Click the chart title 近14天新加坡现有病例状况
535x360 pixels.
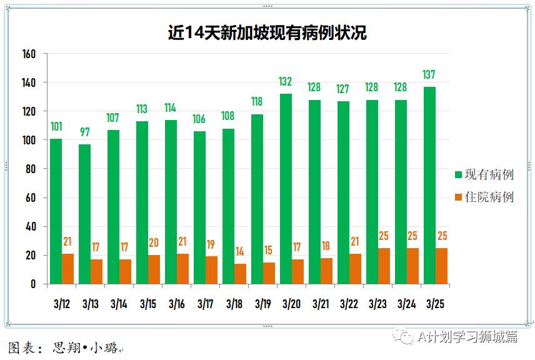[267, 33]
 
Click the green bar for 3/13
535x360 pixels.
[84, 214]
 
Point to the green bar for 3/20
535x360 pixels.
[286, 189]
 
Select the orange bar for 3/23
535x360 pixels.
[384, 266]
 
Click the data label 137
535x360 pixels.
[429, 75]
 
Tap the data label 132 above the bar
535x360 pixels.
[286, 82]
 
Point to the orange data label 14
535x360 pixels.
[240, 252]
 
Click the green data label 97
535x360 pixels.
[84, 132]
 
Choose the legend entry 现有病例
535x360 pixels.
[485, 174]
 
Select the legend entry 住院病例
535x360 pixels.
[485, 197]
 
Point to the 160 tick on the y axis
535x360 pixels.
[29, 54]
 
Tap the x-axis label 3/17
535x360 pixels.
[206, 304]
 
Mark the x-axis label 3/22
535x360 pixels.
[349, 304]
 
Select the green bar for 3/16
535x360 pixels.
[170, 202]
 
